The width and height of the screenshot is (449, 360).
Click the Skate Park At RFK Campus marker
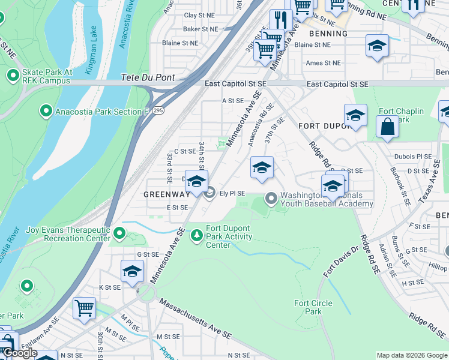click(13, 76)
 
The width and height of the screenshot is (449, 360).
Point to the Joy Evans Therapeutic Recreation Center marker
click(119, 233)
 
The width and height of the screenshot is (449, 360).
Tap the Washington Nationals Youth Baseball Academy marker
click(271, 197)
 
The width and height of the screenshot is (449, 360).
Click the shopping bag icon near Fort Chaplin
click(387, 126)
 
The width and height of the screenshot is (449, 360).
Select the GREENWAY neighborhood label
click(166, 194)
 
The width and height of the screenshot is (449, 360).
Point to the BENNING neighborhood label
click(328, 34)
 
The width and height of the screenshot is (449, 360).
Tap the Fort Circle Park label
click(313, 307)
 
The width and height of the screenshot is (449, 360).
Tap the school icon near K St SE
click(132, 271)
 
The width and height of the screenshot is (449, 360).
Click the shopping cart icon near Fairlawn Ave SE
click(84, 308)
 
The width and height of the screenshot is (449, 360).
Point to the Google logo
click(19, 353)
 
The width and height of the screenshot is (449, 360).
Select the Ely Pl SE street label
click(232, 193)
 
